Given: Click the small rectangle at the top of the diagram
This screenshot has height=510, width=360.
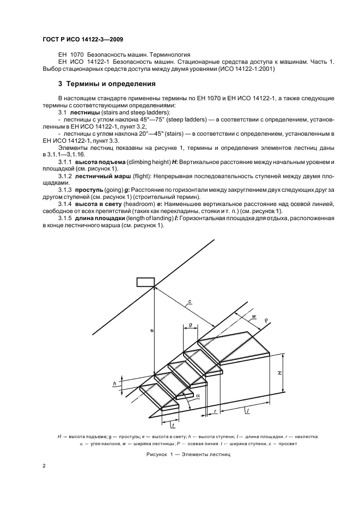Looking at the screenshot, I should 145,281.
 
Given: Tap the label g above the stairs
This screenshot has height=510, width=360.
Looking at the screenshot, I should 190,325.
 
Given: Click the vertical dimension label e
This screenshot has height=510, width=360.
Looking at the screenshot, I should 151,331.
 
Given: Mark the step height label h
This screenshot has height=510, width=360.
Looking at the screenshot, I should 115,384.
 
